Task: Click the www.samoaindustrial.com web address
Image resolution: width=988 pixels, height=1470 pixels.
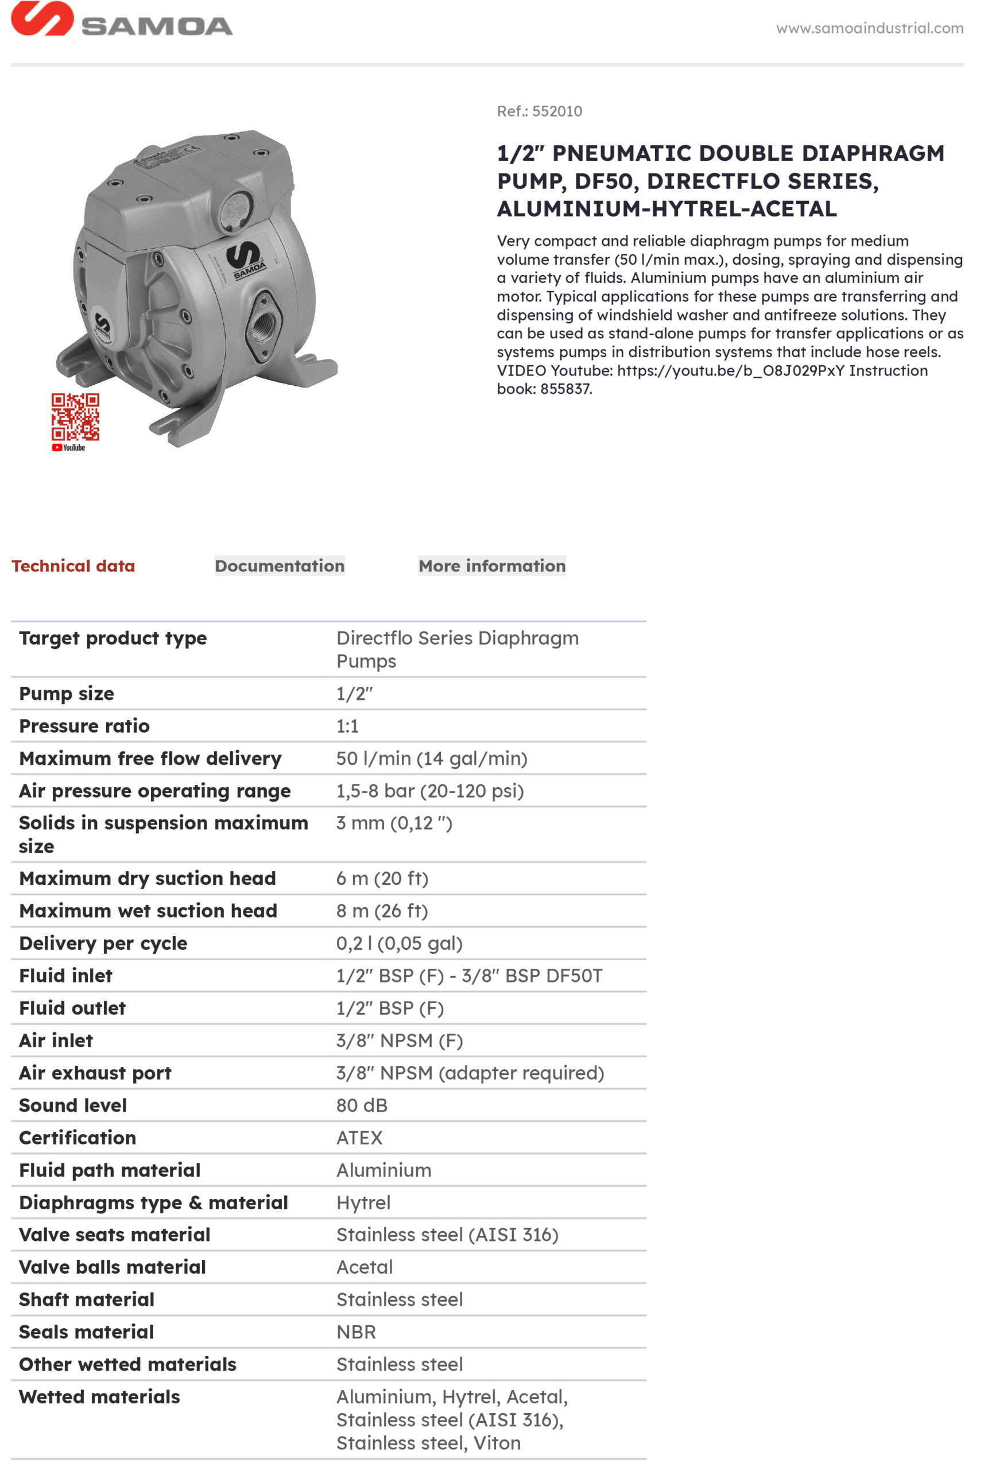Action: click(869, 28)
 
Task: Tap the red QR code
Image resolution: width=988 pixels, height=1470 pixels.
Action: click(75, 416)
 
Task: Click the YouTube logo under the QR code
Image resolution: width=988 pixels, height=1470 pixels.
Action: click(68, 447)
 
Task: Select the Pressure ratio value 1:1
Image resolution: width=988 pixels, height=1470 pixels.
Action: click(347, 726)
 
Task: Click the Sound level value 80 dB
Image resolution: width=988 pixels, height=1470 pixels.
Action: click(362, 1105)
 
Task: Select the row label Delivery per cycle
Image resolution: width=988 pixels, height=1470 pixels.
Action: click(103, 943)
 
